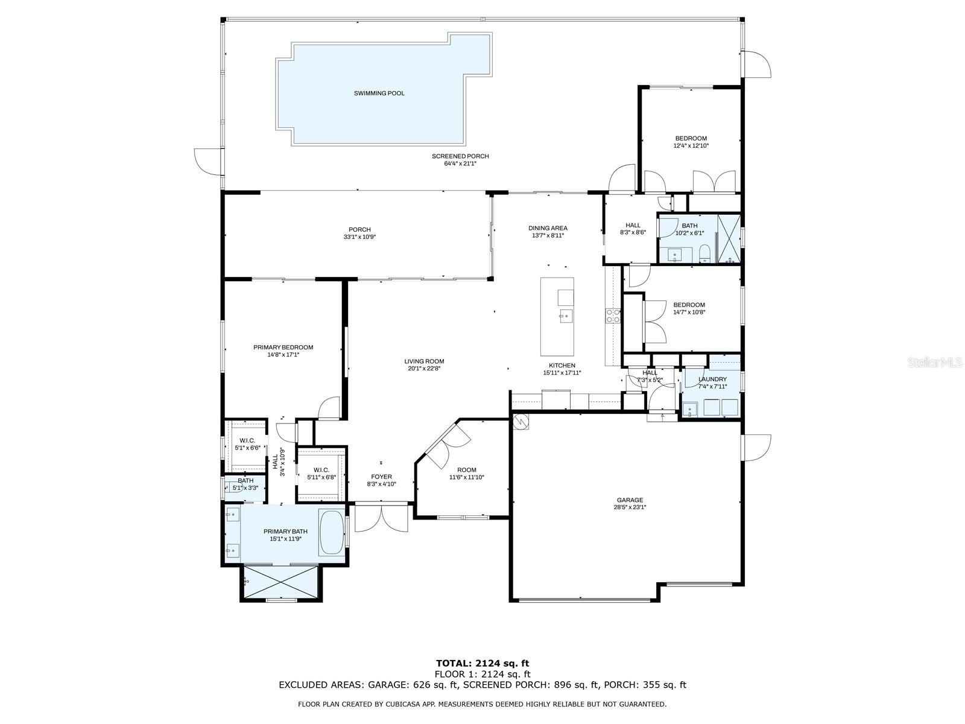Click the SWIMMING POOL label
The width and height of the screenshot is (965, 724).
point(379,93)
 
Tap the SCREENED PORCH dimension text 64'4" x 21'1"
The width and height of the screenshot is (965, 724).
point(460,164)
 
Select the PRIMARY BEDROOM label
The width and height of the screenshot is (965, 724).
point(283,348)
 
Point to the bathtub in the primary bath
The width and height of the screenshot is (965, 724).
point(332,533)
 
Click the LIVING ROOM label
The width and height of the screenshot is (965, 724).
point(424,361)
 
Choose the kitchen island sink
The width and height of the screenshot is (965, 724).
point(566,315)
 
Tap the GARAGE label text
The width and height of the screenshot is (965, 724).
point(630,500)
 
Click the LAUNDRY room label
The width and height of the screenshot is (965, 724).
point(712,379)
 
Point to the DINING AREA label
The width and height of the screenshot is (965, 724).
point(548,228)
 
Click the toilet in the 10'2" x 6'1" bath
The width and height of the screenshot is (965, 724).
point(704,253)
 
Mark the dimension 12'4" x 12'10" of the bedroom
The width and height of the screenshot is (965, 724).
point(691,145)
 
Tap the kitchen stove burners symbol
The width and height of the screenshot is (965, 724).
point(613,316)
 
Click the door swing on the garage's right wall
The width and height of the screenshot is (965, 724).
point(756,448)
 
